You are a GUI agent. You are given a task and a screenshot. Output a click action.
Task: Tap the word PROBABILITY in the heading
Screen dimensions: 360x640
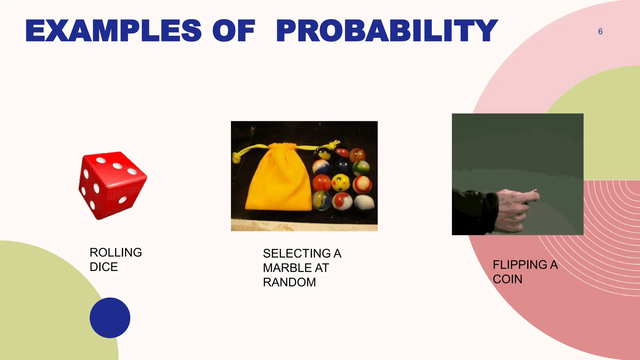(387, 30)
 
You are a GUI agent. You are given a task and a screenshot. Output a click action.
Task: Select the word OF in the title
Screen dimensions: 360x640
(234, 30)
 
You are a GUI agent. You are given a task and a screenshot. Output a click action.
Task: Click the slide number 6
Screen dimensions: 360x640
(600, 32)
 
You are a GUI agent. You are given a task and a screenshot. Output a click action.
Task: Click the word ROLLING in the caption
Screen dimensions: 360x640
(116, 252)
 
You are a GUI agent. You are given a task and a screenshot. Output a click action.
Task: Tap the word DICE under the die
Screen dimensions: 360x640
(104, 267)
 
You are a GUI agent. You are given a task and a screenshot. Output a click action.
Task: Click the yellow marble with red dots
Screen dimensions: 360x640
(341, 182)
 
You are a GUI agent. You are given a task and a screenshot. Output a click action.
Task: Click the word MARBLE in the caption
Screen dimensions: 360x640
(287, 268)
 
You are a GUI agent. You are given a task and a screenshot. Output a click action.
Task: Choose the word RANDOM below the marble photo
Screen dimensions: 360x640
(289, 282)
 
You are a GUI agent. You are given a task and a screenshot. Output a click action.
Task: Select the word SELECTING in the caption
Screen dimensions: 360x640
(297, 253)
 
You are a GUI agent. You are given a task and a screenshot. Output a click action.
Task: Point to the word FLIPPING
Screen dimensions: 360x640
(520, 265)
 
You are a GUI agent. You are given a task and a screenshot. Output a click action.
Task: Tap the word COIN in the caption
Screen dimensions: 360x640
(507, 279)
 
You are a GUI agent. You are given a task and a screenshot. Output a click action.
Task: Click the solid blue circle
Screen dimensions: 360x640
(110, 318)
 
